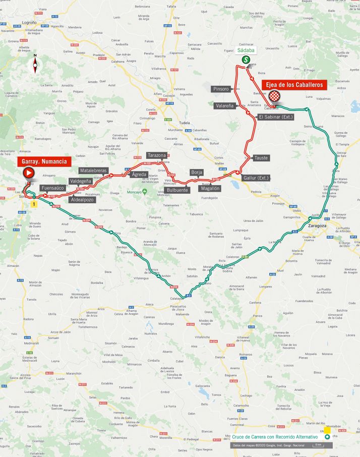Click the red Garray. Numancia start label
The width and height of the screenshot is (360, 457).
43,162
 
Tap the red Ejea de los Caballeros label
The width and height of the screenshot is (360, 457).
295,85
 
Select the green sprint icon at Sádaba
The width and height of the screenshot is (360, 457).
247,60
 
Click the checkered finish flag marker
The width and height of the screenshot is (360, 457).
273,96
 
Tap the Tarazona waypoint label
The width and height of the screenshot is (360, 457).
156,155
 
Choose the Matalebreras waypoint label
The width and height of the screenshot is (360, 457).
93,171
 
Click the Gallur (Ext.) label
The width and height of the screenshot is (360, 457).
256,178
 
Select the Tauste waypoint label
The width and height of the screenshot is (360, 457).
261,158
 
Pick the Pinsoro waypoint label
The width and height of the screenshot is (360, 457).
221,89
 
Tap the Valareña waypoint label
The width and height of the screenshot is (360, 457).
224,106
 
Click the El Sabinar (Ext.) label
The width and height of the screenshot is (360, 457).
275,117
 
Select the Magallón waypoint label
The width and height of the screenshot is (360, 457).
209,188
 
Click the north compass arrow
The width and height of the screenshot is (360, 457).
35,64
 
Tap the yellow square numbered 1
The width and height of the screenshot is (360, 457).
34,204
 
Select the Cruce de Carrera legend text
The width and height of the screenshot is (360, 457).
275,437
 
